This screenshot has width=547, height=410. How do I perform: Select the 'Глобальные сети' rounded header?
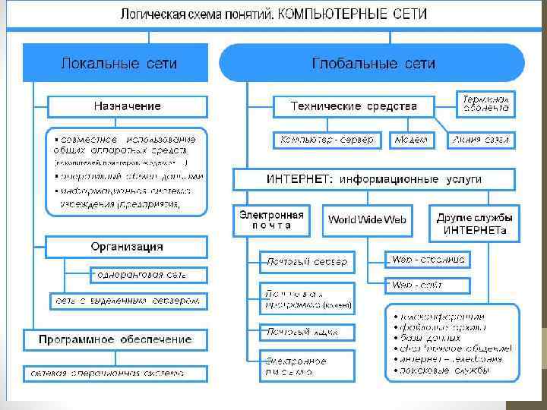click(x=372, y=63)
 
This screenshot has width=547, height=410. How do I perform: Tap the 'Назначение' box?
click(x=127, y=106)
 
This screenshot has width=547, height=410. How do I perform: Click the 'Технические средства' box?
click(x=354, y=106)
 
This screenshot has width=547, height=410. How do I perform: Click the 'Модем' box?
click(x=411, y=140)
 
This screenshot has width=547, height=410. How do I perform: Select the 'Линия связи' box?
click(x=482, y=140)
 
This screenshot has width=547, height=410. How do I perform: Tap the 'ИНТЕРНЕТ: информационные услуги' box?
click(x=374, y=179)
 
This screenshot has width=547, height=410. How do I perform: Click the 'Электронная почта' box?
click(x=271, y=219)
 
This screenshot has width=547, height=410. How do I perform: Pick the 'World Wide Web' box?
click(x=367, y=219)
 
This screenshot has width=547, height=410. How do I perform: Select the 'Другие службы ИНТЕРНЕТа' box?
click(x=474, y=219)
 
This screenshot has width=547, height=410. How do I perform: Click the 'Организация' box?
click(x=127, y=247)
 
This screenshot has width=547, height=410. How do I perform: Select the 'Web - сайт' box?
click(x=428, y=285)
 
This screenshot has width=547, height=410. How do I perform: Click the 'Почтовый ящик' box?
click(x=298, y=332)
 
